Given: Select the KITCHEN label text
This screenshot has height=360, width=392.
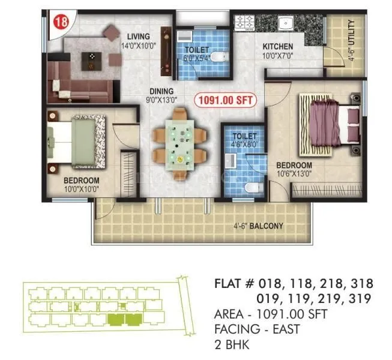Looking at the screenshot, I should [277, 46].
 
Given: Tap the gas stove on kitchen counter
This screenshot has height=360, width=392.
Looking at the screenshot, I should [245, 23].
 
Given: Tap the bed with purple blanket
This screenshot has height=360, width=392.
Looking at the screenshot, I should [330, 125].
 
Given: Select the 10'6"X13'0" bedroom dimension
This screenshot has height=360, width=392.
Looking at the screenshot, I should [294, 174].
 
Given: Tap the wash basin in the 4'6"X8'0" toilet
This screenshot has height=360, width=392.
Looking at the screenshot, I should [230, 160].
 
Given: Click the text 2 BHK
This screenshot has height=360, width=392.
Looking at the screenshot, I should [231, 344].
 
